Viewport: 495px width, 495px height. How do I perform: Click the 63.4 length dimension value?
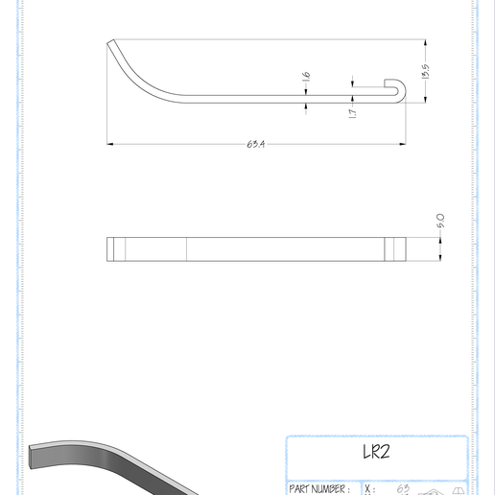pyautogui.click(x=255, y=144)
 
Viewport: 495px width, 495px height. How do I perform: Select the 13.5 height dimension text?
pyautogui.click(x=426, y=72)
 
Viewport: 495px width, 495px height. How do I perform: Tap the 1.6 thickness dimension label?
pyautogui.click(x=306, y=77)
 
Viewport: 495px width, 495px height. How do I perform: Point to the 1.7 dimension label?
pyautogui.click(x=353, y=112)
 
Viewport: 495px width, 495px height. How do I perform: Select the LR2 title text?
pyautogui.click(x=376, y=452)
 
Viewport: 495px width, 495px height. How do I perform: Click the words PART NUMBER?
pyautogui.click(x=318, y=489)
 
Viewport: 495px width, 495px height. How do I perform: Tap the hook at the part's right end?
pyautogui.click(x=396, y=90)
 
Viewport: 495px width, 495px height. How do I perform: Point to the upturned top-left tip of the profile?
pyautogui.click(x=111, y=42)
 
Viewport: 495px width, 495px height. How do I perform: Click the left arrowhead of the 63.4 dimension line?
pyautogui.click(x=110, y=144)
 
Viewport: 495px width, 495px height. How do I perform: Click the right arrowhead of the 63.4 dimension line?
pyautogui.click(x=401, y=144)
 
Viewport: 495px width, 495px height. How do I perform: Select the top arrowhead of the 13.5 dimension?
pyautogui.click(x=426, y=42)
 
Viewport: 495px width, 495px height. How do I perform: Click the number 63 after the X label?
pyautogui.click(x=403, y=488)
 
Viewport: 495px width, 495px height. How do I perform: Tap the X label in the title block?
pyautogui.click(x=369, y=489)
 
